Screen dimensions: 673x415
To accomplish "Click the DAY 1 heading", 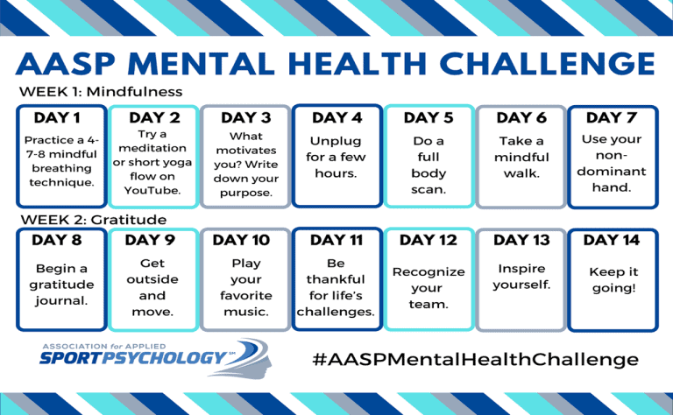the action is pos(57,117).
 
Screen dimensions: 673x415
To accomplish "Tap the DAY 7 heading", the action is pos(611,117).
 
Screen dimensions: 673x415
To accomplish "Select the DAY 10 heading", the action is pos(241,240).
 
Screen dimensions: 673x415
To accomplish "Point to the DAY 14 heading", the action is pos(611,240).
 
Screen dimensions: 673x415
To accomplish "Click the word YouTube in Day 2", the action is pos(152,190).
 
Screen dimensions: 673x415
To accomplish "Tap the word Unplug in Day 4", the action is pos(336,142).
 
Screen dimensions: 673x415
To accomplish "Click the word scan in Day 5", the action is pos(429,189).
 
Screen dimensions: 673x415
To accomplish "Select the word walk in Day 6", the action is pos(521,173).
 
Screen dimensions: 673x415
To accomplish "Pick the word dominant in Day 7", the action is pos(611,171).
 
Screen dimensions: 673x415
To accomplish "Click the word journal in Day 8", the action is pos(61,301).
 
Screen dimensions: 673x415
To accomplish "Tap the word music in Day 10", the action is pos(246,312).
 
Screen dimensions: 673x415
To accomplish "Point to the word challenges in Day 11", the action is pos(336,312).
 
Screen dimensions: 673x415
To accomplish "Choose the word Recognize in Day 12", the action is pos(429,272).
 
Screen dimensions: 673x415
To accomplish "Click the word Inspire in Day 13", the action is pos(521,269).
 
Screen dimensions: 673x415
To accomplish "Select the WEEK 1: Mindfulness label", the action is pos(101,91).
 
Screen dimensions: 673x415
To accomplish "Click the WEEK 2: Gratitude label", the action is pos(93,220).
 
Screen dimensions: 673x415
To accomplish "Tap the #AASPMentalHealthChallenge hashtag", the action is pos(476,359).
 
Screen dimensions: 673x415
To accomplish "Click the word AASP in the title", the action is pos(65,64).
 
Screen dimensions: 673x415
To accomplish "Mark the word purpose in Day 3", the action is pos(246,193).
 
